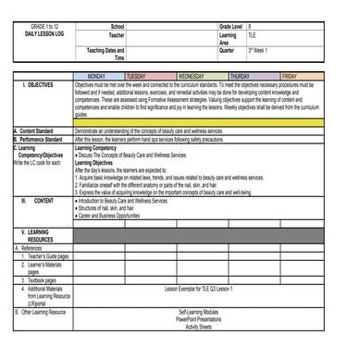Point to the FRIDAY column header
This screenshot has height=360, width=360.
[x=289, y=76]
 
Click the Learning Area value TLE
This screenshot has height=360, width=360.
[x=253, y=34]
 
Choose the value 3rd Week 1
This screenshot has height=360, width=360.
[x=260, y=49]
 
